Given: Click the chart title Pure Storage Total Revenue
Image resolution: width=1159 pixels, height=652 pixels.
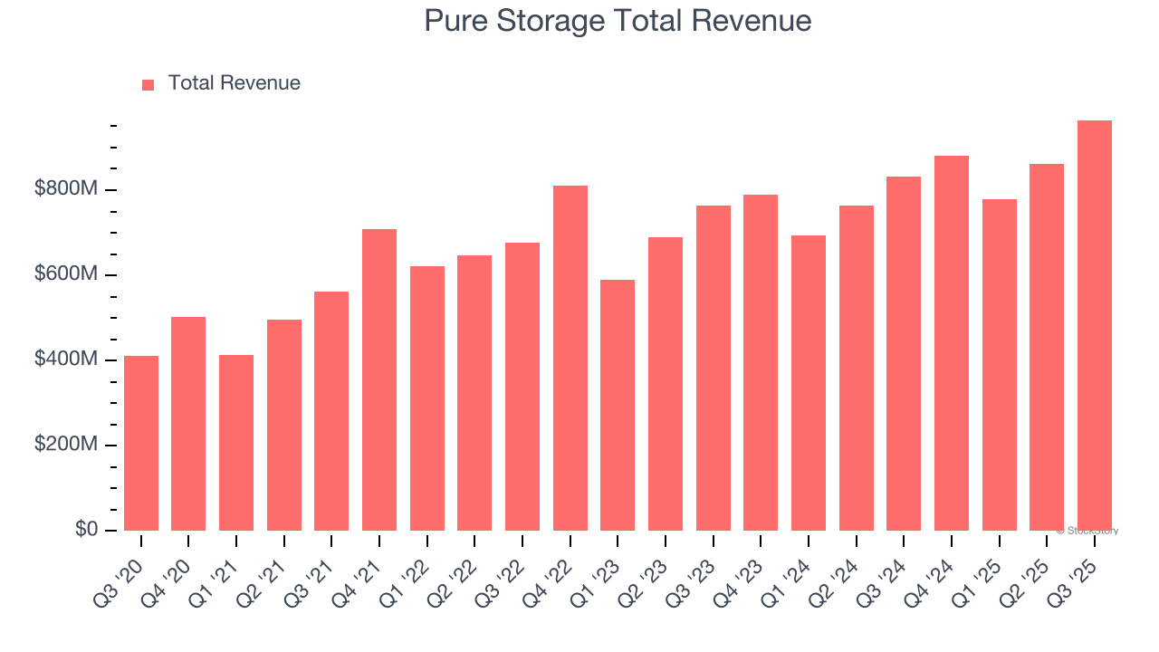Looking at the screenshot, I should click(x=618, y=21).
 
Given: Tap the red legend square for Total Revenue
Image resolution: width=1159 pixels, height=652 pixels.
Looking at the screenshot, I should click(x=148, y=84).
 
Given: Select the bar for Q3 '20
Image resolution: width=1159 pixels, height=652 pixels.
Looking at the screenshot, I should click(x=141, y=443).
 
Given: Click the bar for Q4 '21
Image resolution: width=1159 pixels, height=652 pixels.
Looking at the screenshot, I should click(x=379, y=379).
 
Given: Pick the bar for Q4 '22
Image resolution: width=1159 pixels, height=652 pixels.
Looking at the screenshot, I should click(x=570, y=358).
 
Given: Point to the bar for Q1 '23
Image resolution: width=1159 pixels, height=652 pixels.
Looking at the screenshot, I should click(x=618, y=405).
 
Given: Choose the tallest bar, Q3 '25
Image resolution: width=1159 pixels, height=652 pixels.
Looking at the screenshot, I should click(x=1094, y=325).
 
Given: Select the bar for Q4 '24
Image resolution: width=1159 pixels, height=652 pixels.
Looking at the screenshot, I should click(x=951, y=343).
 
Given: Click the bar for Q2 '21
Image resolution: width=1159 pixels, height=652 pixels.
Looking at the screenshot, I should click(x=284, y=425).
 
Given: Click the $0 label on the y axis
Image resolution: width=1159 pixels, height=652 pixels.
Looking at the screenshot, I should click(x=87, y=529).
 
